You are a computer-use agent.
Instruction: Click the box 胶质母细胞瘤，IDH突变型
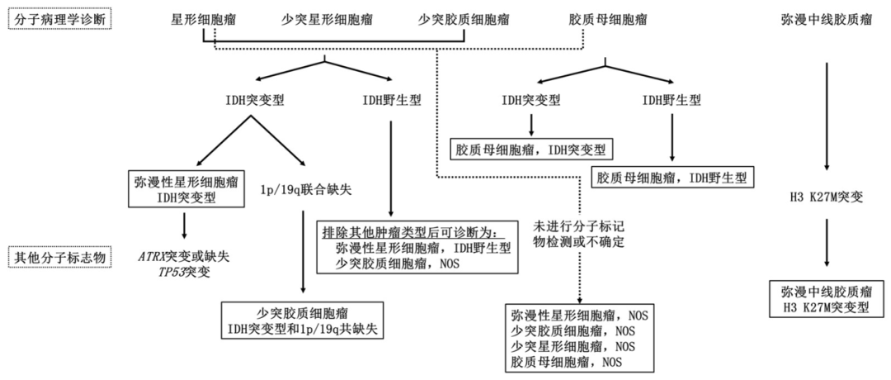coord(531,150)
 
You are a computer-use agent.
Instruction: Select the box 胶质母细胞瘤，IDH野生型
coord(673,177)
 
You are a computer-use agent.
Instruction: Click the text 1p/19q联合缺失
coord(305,190)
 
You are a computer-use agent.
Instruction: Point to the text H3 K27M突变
coord(826,197)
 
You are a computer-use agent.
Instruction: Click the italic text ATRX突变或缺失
coord(183,256)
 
